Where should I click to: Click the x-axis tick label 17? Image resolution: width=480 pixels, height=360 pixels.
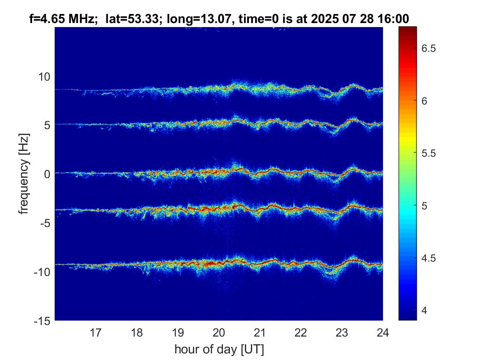(x=96, y=332)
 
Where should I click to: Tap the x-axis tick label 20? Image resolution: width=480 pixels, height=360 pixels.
(x=219, y=332)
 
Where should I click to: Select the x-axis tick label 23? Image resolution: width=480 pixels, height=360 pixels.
(x=342, y=332)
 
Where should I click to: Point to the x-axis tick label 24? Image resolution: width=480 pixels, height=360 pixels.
(x=383, y=332)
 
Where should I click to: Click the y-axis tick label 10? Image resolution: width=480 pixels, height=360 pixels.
(x=44, y=77)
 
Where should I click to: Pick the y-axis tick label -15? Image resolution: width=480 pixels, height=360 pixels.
(x=41, y=321)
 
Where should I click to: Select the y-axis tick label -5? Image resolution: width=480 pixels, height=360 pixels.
(x=44, y=223)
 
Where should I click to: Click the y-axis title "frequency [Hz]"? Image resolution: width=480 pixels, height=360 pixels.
(x=25, y=174)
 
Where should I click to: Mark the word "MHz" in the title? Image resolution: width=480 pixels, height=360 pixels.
(x=81, y=18)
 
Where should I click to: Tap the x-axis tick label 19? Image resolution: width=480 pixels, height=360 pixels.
(x=178, y=332)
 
